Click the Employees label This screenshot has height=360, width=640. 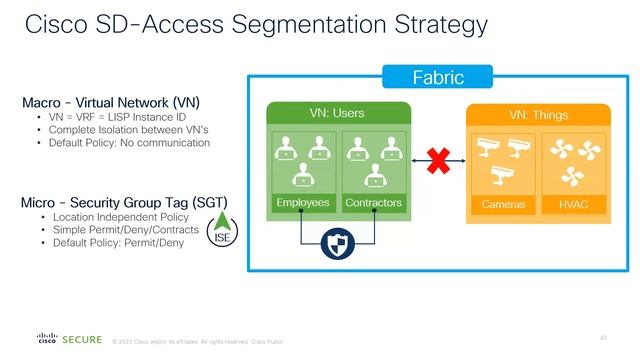[x=302, y=203]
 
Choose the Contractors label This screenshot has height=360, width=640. [x=373, y=203]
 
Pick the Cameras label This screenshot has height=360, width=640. [x=504, y=205]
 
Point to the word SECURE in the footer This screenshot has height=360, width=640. [x=81, y=340]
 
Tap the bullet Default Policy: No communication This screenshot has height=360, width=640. [x=129, y=143]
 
